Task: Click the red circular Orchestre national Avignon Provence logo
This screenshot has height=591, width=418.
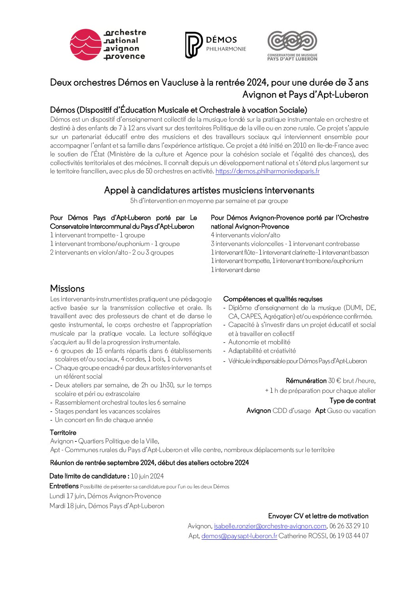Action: pyautogui.click(x=85, y=45)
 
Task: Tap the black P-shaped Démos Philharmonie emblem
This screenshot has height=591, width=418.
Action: pyautogui.click(x=193, y=45)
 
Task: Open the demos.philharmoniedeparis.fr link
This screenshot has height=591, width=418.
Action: pyautogui.click(x=267, y=171)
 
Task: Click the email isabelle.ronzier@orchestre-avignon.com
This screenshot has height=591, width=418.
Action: pyautogui.click(x=270, y=526)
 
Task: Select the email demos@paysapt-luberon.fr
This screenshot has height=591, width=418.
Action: pyautogui.click(x=239, y=536)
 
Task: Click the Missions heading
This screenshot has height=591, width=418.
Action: pyautogui.click(x=67, y=288)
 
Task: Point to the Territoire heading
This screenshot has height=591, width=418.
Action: pyautogui.click(x=63, y=432)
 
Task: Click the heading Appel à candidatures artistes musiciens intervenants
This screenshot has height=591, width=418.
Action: pyautogui.click(x=209, y=190)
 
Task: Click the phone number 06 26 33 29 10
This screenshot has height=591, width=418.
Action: pyautogui.click(x=349, y=526)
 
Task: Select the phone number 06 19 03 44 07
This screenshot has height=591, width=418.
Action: pyautogui.click(x=349, y=536)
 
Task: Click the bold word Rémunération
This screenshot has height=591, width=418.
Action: pyautogui.click(x=306, y=381)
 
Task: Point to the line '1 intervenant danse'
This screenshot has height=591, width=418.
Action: pyautogui.click(x=235, y=270)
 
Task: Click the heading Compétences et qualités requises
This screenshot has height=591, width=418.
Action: pyautogui.click(x=273, y=299)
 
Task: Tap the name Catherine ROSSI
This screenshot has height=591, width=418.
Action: pyautogui.click(x=303, y=536)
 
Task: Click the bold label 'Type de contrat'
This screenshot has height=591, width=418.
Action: pyautogui.click(x=352, y=400)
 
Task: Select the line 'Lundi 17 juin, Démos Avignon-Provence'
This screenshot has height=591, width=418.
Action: pyautogui.click(x=105, y=496)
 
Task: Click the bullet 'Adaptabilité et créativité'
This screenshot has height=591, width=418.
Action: pyautogui.click(x=262, y=351)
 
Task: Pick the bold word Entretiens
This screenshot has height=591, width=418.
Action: pyautogui.click(x=64, y=486)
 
